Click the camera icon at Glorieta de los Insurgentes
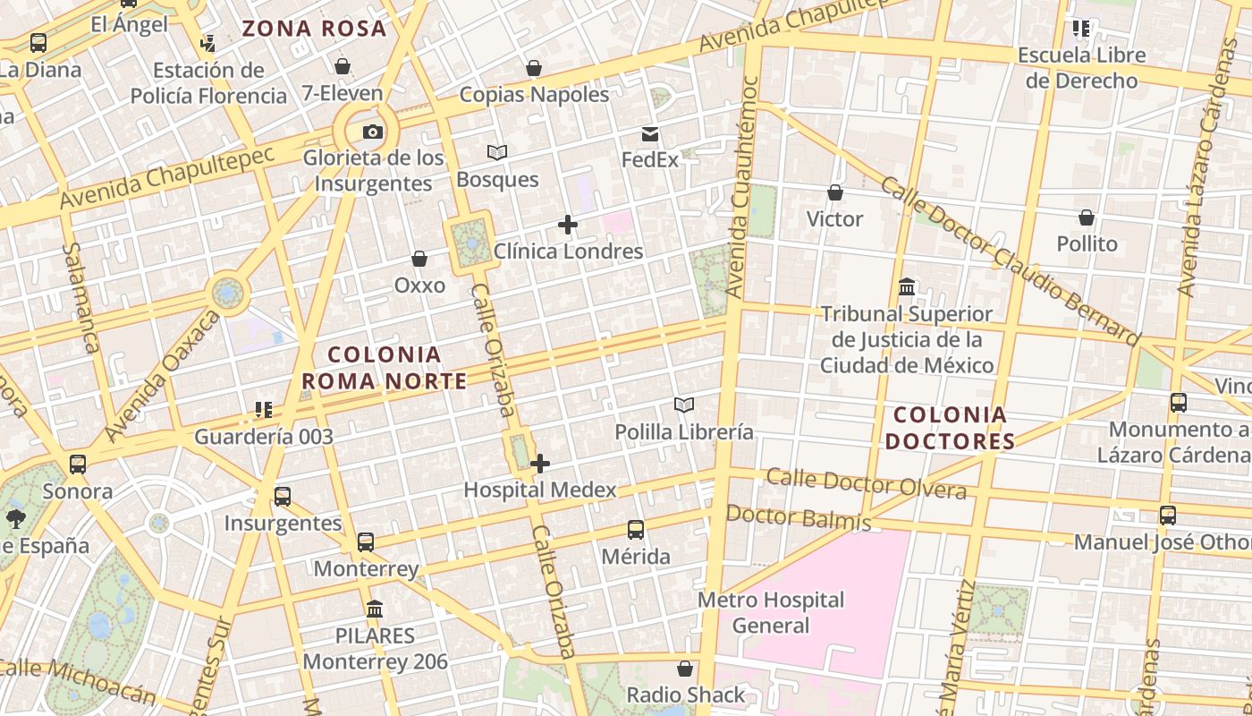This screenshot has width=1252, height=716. (x=373, y=132)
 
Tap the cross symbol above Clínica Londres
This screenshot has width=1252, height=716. (x=568, y=225)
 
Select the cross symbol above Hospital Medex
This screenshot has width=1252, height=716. (x=540, y=464)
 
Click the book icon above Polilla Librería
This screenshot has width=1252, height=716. (x=684, y=405)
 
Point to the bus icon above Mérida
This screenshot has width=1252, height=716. (x=636, y=530)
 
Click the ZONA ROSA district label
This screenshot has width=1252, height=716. (x=314, y=29)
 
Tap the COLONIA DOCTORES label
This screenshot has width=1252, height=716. (x=950, y=428)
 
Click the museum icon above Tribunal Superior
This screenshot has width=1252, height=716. (x=907, y=288)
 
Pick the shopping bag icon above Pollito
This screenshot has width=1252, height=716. (x=1087, y=217)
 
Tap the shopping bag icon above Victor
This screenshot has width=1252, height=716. (x=834, y=192)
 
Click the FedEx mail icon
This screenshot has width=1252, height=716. (x=650, y=134)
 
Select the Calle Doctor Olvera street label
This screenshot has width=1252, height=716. (x=866, y=484)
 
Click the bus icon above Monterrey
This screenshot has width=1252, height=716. (x=366, y=542)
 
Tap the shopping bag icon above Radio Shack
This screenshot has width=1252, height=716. (x=685, y=669)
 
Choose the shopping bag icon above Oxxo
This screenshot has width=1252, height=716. (x=419, y=260)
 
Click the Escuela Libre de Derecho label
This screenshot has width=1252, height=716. (x=1081, y=68)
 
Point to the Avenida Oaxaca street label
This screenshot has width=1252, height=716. (x=162, y=376)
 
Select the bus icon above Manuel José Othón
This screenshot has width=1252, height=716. (x=1168, y=516)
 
